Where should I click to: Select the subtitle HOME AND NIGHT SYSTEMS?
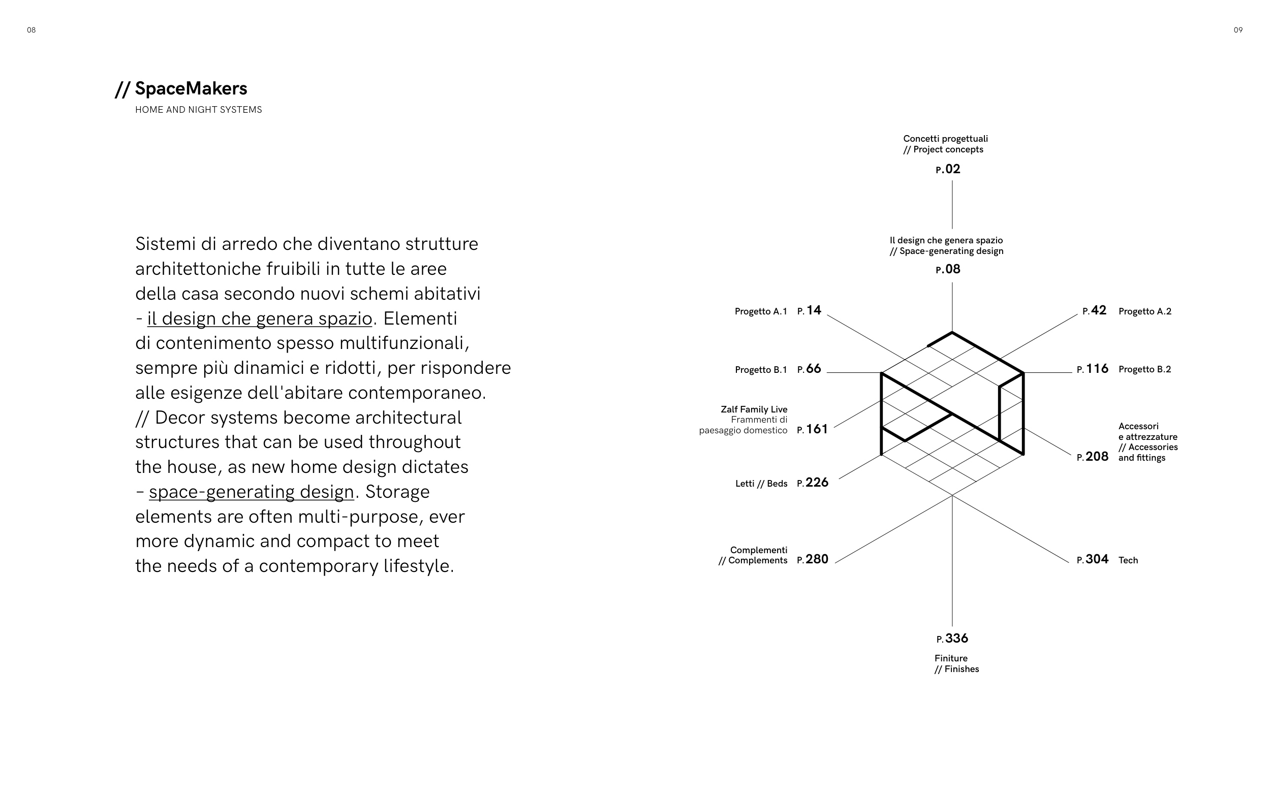(x=198, y=110)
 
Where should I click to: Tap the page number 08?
(x=31, y=30)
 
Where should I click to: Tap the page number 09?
(x=1238, y=30)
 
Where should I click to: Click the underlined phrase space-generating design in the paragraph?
(x=251, y=492)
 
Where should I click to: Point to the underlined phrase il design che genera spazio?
(x=259, y=318)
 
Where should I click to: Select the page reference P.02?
(x=948, y=169)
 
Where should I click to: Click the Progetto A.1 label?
(x=760, y=311)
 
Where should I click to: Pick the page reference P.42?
(x=1095, y=310)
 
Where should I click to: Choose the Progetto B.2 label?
(x=1144, y=369)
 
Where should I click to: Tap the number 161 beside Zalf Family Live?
(x=817, y=429)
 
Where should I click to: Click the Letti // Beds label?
(x=761, y=484)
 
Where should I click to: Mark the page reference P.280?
(x=813, y=559)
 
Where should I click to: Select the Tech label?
(x=1128, y=560)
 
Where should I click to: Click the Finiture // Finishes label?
(x=956, y=663)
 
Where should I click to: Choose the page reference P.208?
(x=1092, y=457)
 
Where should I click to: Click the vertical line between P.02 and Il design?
(x=952, y=205)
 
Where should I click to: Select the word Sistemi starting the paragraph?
(x=166, y=244)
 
